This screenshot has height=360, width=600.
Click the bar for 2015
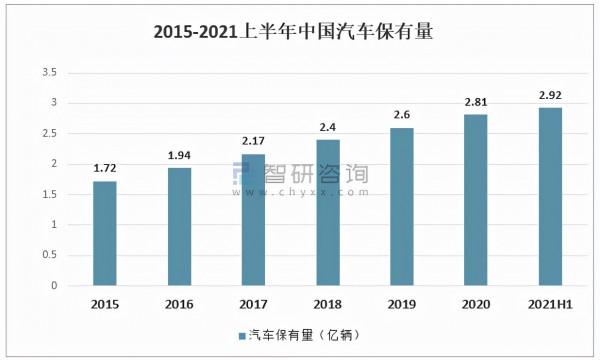click(105, 233)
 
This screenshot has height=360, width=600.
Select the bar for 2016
click(180, 226)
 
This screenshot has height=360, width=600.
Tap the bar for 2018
click(328, 212)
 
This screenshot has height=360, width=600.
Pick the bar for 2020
click(476, 200)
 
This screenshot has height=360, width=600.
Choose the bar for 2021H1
click(550, 196)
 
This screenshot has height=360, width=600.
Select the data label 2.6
click(402, 115)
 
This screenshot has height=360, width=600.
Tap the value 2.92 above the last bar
click(550, 96)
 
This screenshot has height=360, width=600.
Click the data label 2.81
click(476, 102)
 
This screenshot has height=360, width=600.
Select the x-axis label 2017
click(254, 303)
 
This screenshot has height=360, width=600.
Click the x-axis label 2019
click(402, 303)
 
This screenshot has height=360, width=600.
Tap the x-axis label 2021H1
click(550, 303)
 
